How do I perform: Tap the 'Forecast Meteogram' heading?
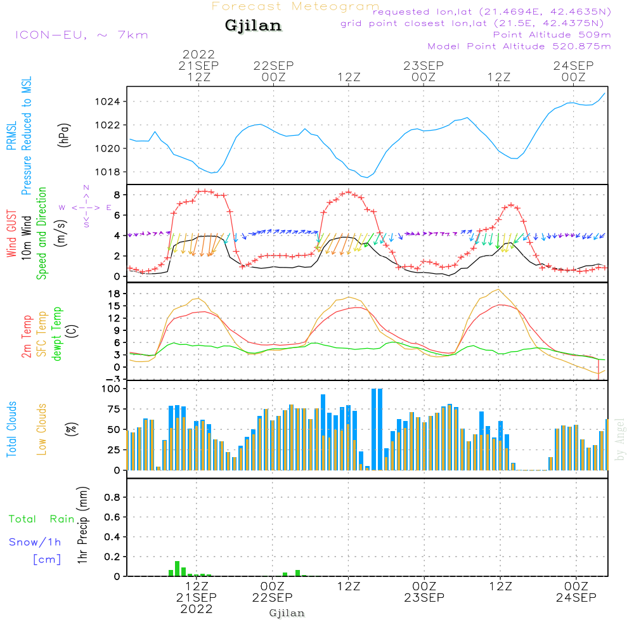pyautogui.click(x=295, y=7)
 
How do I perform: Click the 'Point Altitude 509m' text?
pyautogui.click(x=552, y=35)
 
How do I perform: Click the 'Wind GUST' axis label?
pyautogui.click(x=11, y=234)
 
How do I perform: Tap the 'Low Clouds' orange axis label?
pyautogui.click(x=42, y=429)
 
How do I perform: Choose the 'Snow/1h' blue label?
pyautogui.click(x=35, y=542)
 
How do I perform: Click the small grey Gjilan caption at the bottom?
pyautogui.click(x=287, y=613)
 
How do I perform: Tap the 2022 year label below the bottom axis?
pyautogui.click(x=197, y=609)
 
